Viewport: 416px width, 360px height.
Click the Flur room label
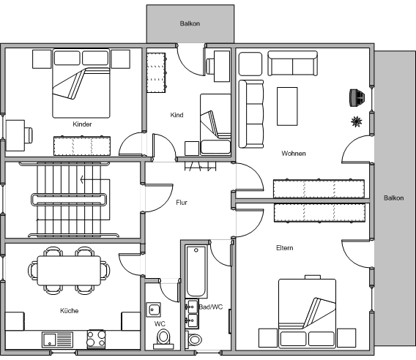coord(182,203)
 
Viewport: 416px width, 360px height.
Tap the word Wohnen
coord(294,154)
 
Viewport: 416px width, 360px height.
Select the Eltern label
coord(285,248)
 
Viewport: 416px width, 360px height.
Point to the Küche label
coord(70,311)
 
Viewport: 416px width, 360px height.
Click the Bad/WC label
coord(211,307)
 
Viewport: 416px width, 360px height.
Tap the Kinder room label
coord(82,124)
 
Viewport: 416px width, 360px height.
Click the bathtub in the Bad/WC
coord(196,271)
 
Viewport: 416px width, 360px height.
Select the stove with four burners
coord(96,339)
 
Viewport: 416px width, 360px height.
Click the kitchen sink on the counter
coord(58,340)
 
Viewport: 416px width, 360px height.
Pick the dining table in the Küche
coord(69,271)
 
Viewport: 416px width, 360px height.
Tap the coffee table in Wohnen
coord(287,106)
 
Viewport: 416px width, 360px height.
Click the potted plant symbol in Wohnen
coord(356,121)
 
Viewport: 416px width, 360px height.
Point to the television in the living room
coord(357,98)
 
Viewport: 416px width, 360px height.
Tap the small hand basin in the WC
coord(153,310)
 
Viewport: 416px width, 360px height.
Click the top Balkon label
coord(190,23)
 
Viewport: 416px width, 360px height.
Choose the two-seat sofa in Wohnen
coord(293,64)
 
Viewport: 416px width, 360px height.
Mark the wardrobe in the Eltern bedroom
coord(319,213)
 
